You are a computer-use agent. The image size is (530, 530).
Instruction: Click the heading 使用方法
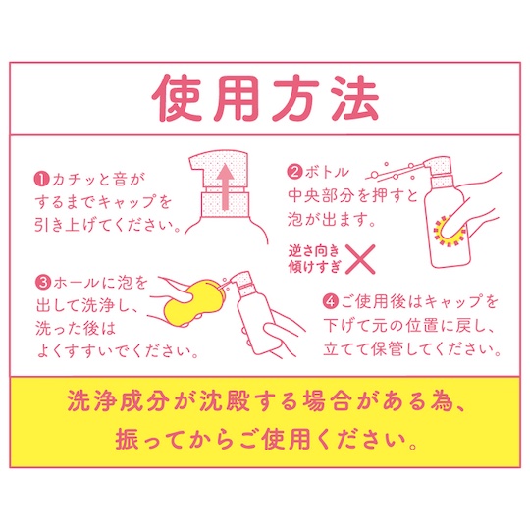point(265,98)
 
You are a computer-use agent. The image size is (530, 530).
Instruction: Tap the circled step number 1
point(42,180)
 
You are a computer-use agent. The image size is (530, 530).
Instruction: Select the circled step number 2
point(295,172)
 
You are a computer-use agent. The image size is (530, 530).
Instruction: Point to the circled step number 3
point(43,283)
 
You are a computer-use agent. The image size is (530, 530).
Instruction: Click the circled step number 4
point(331,301)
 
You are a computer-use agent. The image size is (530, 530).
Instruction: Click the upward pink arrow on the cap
point(225,186)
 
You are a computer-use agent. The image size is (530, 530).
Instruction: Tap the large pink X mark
point(361,259)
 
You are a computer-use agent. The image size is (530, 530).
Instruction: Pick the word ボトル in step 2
point(326,172)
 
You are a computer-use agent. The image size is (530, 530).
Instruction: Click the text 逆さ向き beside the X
point(313,251)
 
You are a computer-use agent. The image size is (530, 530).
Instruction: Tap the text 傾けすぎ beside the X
point(313,266)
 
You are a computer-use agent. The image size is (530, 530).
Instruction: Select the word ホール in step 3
point(76,283)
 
